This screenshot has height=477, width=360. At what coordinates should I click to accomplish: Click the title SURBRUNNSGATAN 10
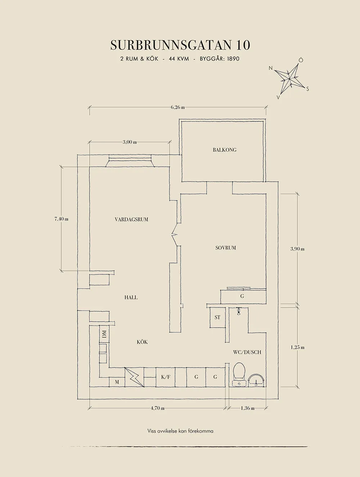coord(180,45)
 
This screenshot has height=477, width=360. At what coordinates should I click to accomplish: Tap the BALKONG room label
coord(224,150)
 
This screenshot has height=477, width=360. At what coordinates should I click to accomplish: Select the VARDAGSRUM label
coord(131,219)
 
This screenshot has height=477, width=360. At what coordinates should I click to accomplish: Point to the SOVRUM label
coord(225,247)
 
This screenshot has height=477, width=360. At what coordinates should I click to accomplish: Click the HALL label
coord(131,297)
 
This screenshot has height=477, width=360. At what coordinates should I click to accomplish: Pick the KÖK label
coord(142,342)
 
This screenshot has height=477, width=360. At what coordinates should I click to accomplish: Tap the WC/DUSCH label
coord(247,352)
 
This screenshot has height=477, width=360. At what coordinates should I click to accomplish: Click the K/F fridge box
coord(166,377)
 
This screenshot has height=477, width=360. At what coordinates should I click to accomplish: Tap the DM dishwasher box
coord(104,334)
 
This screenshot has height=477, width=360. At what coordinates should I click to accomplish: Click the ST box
coord(217,317)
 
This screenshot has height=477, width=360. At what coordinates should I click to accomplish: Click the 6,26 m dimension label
coord(178,107)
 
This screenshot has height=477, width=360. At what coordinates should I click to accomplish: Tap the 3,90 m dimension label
coord(297,249)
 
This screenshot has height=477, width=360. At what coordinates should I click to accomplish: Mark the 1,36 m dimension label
coord(247,408)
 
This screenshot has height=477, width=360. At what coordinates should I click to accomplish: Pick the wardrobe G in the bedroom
coord(242,296)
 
